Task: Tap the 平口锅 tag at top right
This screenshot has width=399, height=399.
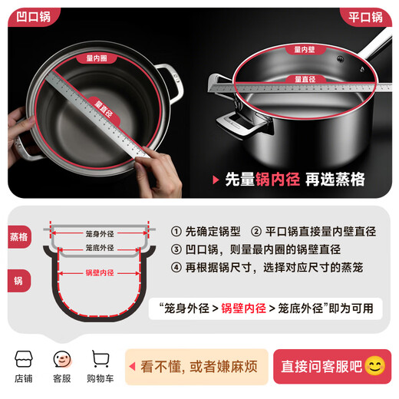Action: coord(366,17)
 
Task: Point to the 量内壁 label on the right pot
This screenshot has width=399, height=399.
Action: coord(304,49)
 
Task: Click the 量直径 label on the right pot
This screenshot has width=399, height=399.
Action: coord(304,78)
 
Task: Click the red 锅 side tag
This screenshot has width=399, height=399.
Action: coord(18,281)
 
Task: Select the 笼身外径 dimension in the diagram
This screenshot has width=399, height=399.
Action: coord(100,233)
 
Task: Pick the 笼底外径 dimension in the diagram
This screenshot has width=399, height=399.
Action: coord(100,248)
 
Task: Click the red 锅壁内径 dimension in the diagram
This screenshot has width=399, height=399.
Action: coord(100,272)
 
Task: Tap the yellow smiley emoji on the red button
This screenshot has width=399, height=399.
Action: coord(374,366)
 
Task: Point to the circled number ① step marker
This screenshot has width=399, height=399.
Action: coord(176,231)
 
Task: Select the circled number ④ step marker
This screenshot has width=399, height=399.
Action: coord(176,268)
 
